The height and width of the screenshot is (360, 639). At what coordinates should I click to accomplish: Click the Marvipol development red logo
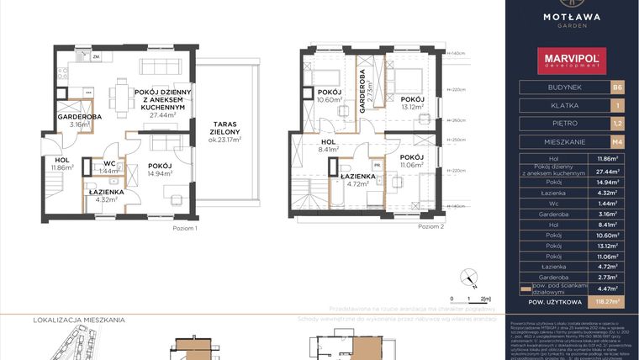tap(572, 60)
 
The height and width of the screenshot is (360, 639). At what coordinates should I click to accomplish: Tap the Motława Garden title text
tap(572, 18)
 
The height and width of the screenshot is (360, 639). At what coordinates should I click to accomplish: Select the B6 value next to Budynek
tap(618, 87)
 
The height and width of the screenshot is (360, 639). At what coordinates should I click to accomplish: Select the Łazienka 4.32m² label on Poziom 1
tap(107, 195)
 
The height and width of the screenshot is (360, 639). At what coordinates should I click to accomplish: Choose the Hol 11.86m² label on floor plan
tap(62, 164)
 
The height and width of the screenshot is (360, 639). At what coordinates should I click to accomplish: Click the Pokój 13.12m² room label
tap(413, 103)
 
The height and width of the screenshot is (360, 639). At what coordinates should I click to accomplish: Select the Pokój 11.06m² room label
tap(411, 162)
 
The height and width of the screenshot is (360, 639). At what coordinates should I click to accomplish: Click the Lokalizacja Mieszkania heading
tap(79, 320)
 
